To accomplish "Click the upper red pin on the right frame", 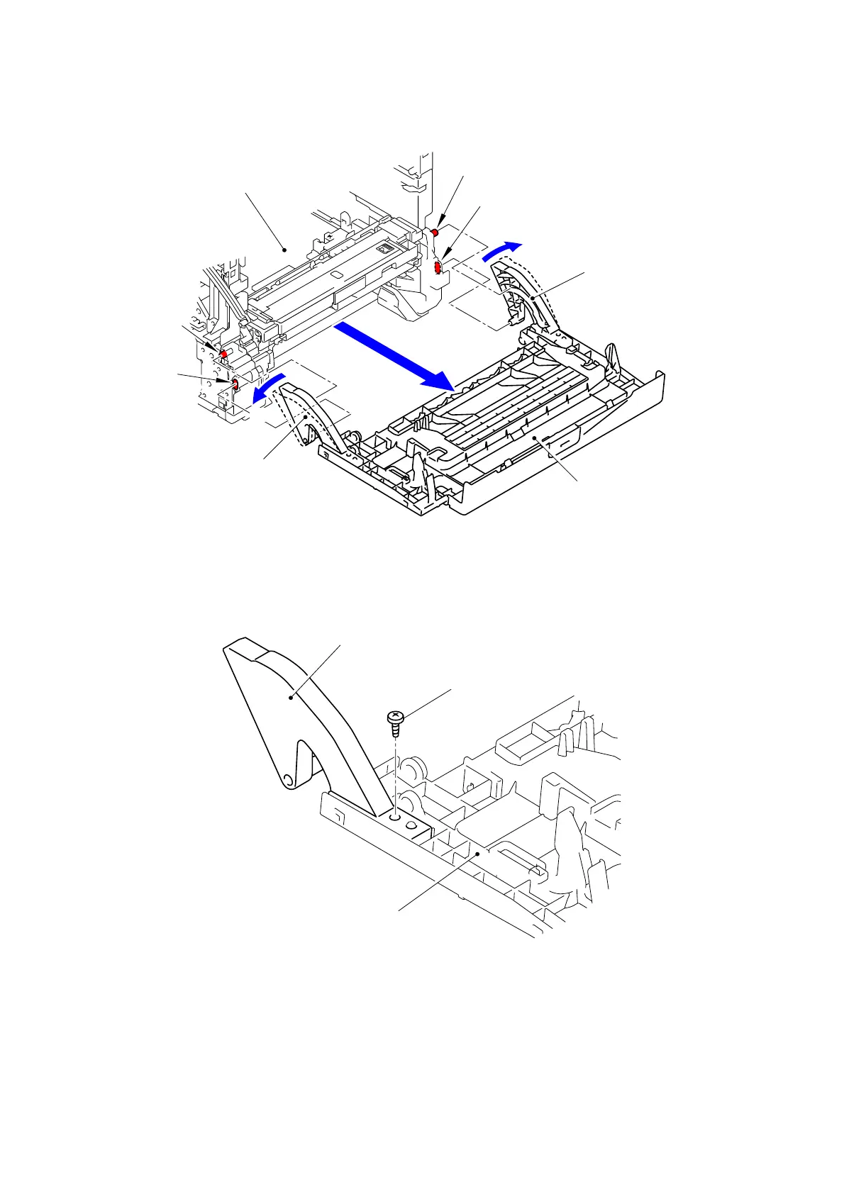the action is tap(435, 233).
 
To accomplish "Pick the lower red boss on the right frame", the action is tap(438, 267).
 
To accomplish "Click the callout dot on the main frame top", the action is tap(284, 249).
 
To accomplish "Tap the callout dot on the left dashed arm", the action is tap(306, 418).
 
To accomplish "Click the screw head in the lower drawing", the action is tap(394, 718).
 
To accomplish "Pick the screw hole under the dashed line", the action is tap(395, 816).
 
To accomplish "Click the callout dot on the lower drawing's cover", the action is tap(479, 854).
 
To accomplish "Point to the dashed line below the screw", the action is tap(394, 769).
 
